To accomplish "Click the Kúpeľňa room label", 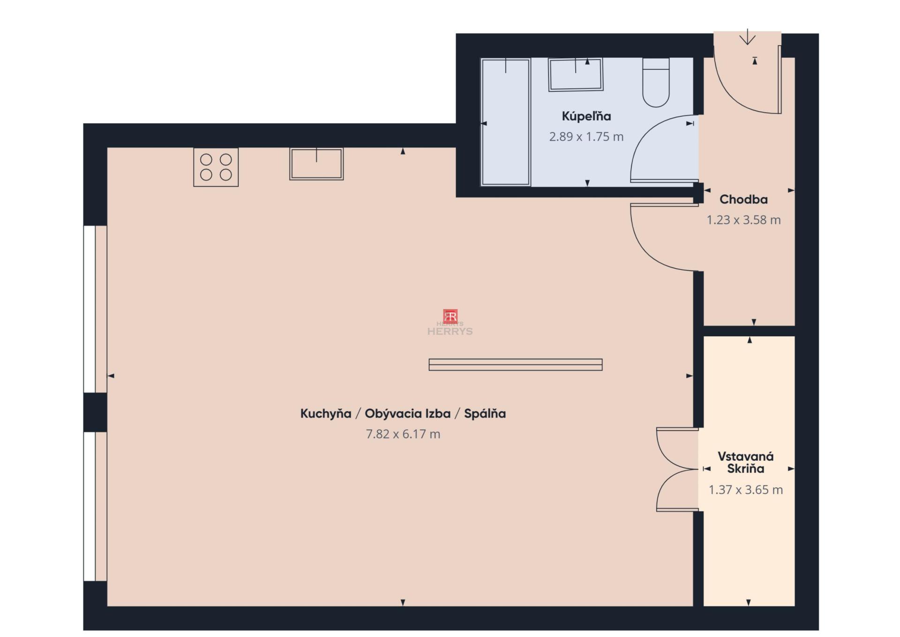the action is pyautogui.click(x=586, y=116).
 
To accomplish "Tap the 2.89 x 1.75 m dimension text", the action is pyautogui.click(x=586, y=136).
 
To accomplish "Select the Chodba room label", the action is pyautogui.click(x=743, y=199).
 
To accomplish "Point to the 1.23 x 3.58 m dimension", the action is pyautogui.click(x=743, y=220).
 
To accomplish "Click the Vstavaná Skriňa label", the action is pyautogui.click(x=746, y=463).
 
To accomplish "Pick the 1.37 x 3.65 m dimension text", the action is pyautogui.click(x=746, y=490).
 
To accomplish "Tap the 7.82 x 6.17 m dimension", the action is pyautogui.click(x=403, y=434).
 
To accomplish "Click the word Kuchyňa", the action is pyautogui.click(x=326, y=414).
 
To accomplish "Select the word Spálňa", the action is pyautogui.click(x=485, y=414).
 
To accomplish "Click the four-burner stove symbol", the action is pyautogui.click(x=216, y=167).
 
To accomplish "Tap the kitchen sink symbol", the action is pyautogui.click(x=316, y=164).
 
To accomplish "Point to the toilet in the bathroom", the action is pyautogui.click(x=656, y=83).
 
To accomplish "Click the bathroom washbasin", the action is pyautogui.click(x=576, y=74).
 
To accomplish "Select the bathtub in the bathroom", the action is pyautogui.click(x=506, y=122).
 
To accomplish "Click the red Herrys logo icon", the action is pyautogui.click(x=450, y=316).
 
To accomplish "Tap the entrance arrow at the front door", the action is pyautogui.click(x=747, y=37).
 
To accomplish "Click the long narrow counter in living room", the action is pyautogui.click(x=516, y=364).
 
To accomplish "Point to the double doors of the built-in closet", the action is pyautogui.click(x=677, y=469).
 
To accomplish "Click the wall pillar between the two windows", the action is pyautogui.click(x=96, y=412).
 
